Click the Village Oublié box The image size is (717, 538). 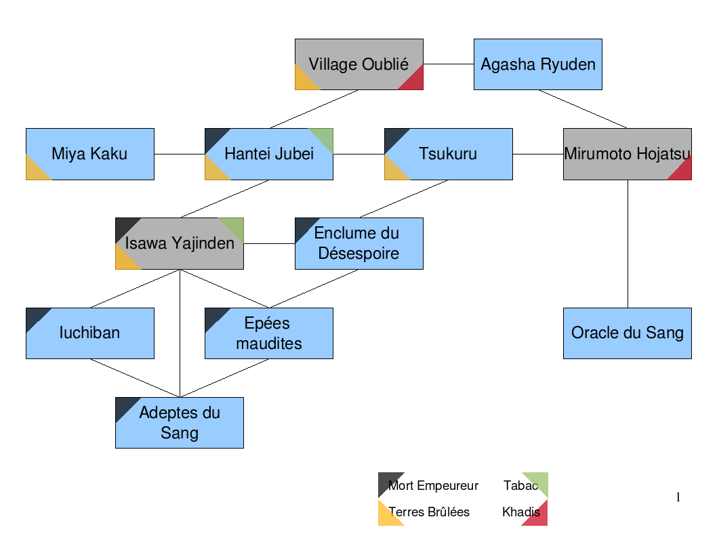[x=358, y=64]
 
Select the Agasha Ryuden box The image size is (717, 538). [x=537, y=64]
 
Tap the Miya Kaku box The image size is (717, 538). [x=89, y=154]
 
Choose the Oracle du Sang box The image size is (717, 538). [x=627, y=333]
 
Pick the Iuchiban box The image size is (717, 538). [x=89, y=333]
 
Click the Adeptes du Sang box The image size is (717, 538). [x=179, y=422]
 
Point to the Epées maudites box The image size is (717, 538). [x=268, y=333]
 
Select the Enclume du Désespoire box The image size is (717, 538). [x=358, y=243]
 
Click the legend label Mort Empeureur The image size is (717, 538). [x=433, y=486]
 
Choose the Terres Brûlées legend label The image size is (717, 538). [x=429, y=512]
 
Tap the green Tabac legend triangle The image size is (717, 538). [x=539, y=480]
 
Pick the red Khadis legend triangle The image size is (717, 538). [x=539, y=517]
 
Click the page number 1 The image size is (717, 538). [x=678, y=498]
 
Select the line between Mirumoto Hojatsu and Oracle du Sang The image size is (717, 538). [x=627, y=244]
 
